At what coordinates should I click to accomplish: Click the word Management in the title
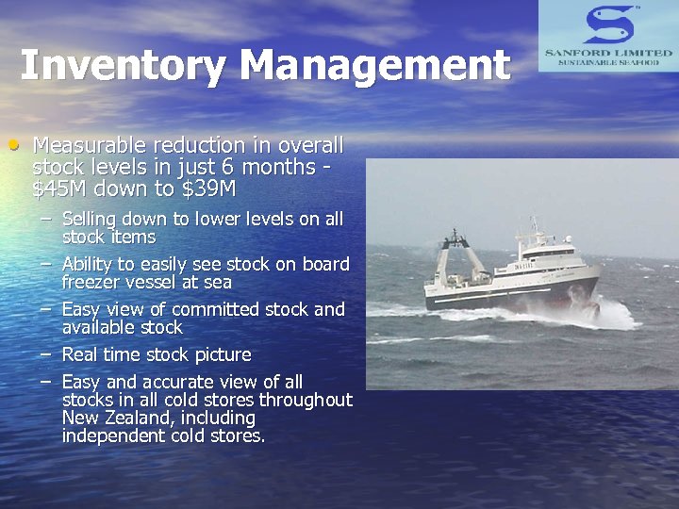(x=374, y=66)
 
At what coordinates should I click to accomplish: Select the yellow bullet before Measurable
(x=13, y=145)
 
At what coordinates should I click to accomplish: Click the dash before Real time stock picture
(x=45, y=354)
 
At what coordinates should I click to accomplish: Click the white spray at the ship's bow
(x=613, y=311)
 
